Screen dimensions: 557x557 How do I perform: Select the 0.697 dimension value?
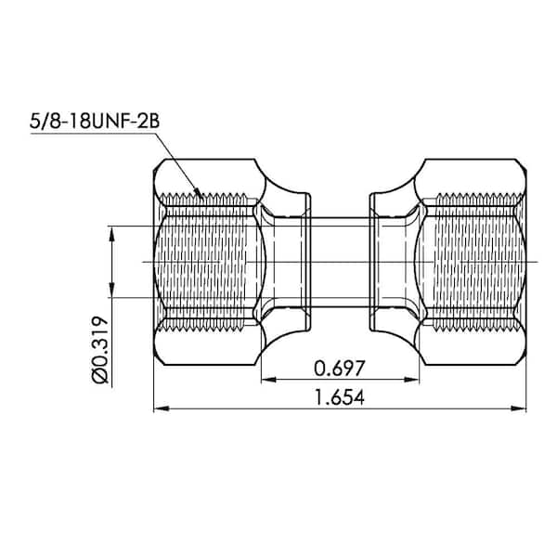coord(339,368)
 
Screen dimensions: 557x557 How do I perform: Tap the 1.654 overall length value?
coord(339,397)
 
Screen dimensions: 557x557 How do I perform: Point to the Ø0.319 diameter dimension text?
coord(101,351)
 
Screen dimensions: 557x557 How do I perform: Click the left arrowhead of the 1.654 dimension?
coord(159,407)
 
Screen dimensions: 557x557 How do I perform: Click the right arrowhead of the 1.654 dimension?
coord(521,407)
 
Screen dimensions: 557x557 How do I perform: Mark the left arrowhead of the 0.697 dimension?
coord(266,379)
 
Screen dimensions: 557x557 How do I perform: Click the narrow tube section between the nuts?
coord(339,262)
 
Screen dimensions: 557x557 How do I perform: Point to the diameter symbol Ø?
coord(101,375)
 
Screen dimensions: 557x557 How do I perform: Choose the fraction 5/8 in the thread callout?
coord(43,120)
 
